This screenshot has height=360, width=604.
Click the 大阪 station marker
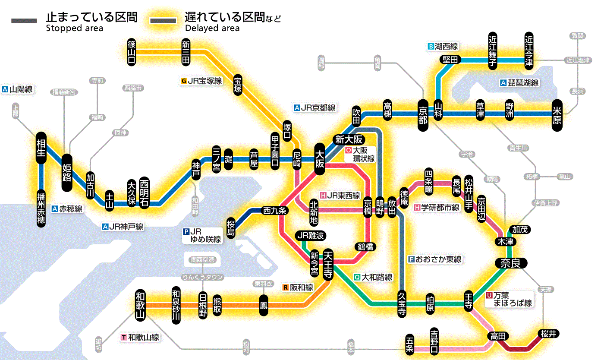point(320,159)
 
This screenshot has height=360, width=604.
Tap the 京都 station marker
point(423,114)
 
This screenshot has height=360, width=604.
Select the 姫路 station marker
point(67,172)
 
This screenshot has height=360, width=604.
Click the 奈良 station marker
point(510,263)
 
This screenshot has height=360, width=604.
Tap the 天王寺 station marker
point(327,264)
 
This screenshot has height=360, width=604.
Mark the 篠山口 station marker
point(132,52)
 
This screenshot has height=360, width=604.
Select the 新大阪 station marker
point(349,139)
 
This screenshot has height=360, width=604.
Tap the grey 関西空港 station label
point(202,260)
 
